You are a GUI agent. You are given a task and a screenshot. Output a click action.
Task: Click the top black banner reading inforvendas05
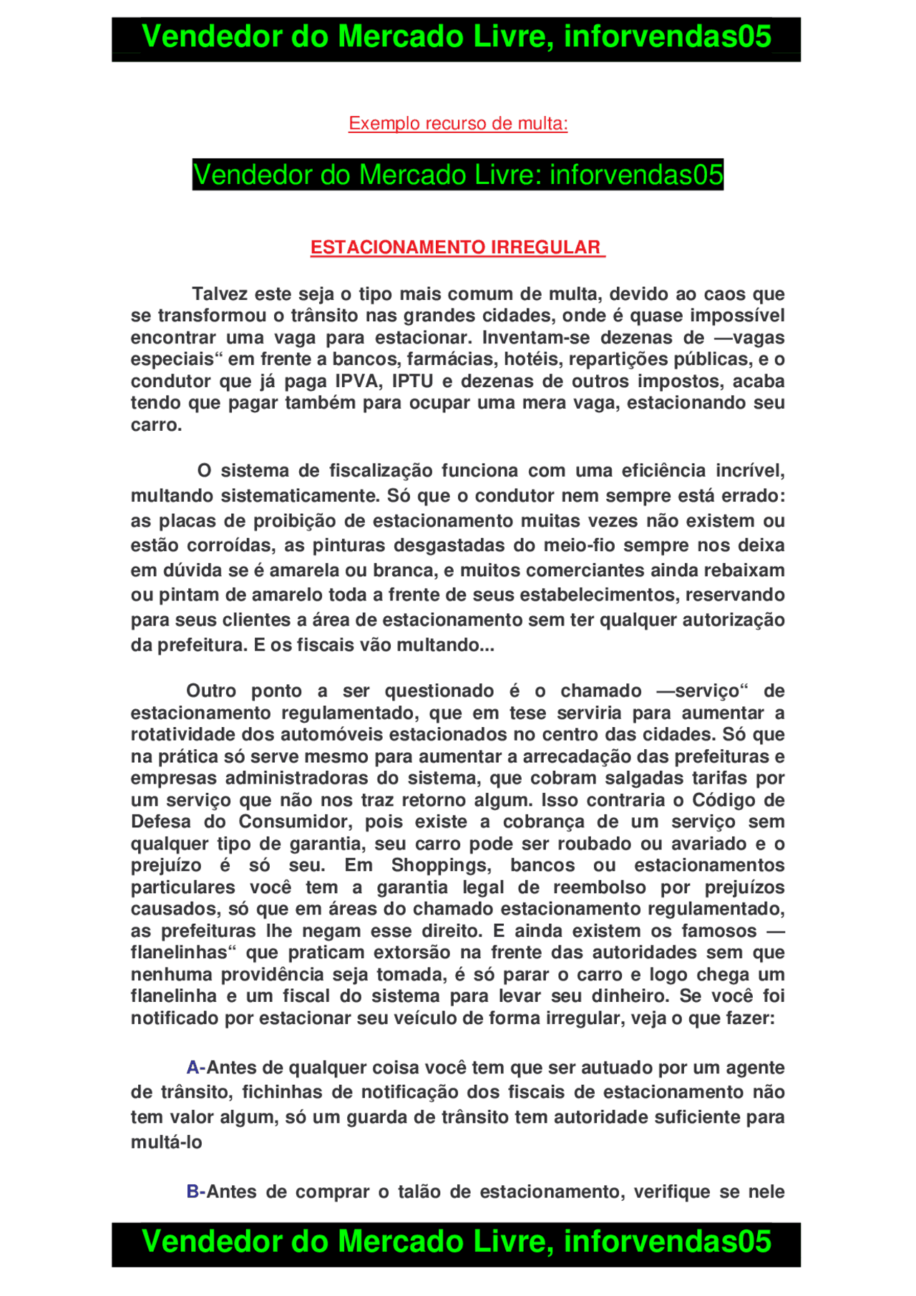tap(456, 38)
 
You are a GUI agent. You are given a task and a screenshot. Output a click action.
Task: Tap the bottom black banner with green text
tap(456, 1243)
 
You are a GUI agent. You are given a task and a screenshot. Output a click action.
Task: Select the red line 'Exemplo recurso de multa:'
tap(458, 124)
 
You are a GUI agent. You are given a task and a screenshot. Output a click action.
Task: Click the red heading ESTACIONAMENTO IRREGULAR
tap(457, 248)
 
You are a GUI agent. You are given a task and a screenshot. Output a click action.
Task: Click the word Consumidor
tap(295, 822)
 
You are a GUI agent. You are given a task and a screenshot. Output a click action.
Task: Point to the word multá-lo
tap(166, 1142)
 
